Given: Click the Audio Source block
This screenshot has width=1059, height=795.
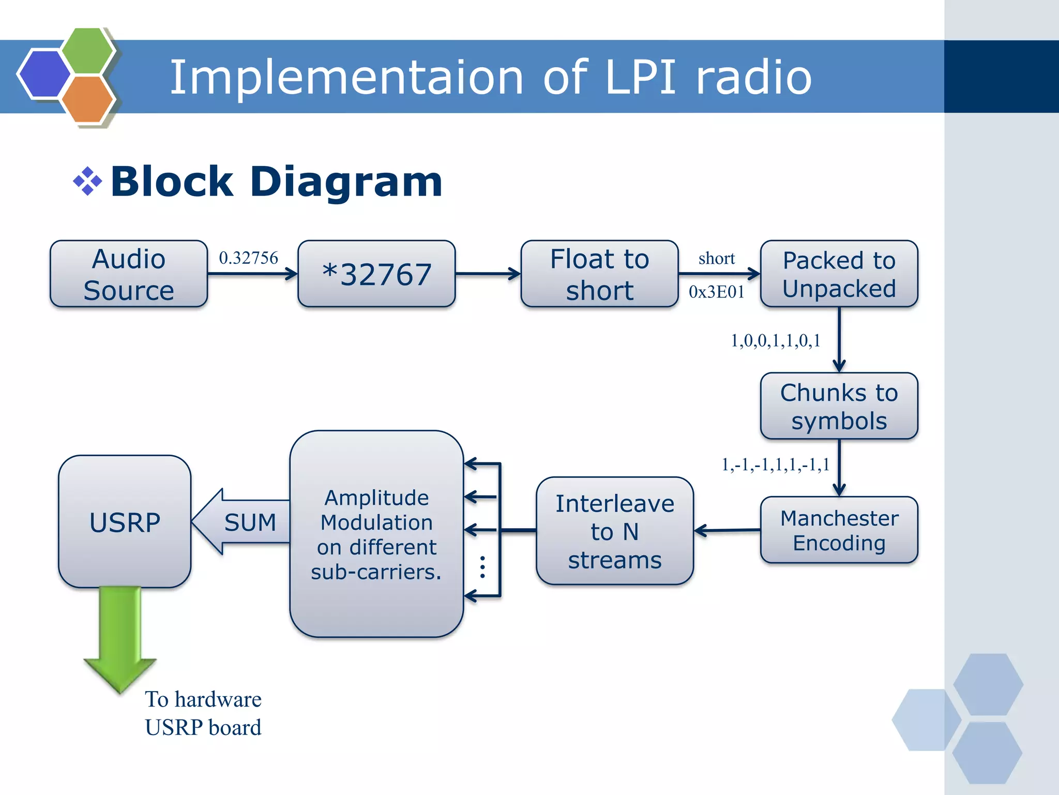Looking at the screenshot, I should click(x=129, y=274).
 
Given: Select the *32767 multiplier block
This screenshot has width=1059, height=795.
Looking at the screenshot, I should click(x=376, y=274).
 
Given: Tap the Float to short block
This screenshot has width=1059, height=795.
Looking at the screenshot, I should click(x=599, y=274).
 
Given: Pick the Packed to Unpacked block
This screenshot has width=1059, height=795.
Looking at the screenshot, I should click(x=839, y=274).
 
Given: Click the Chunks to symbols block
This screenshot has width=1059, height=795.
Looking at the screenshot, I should click(x=839, y=407).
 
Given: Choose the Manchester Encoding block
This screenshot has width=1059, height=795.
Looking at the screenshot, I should click(x=839, y=530).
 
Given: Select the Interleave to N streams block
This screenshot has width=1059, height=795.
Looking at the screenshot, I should click(x=614, y=531).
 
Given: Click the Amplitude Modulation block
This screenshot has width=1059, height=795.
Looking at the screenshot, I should click(x=376, y=534).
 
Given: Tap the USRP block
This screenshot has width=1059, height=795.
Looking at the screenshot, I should click(x=125, y=522).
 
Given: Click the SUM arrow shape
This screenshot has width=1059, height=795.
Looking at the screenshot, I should click(x=243, y=522).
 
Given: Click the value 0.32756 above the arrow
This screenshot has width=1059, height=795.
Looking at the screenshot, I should click(x=248, y=258).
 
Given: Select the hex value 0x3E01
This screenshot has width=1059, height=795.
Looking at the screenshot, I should click(x=716, y=292).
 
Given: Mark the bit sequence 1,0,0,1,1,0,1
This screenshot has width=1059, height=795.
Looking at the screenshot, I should click(x=775, y=340).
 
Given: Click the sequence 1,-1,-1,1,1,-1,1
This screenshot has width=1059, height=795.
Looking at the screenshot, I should click(x=775, y=464).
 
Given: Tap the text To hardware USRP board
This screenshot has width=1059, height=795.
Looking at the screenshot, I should click(x=203, y=713).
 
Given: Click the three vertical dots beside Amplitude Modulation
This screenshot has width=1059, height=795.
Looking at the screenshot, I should click(x=482, y=567).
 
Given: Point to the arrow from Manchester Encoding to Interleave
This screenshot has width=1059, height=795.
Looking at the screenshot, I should click(x=727, y=530).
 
